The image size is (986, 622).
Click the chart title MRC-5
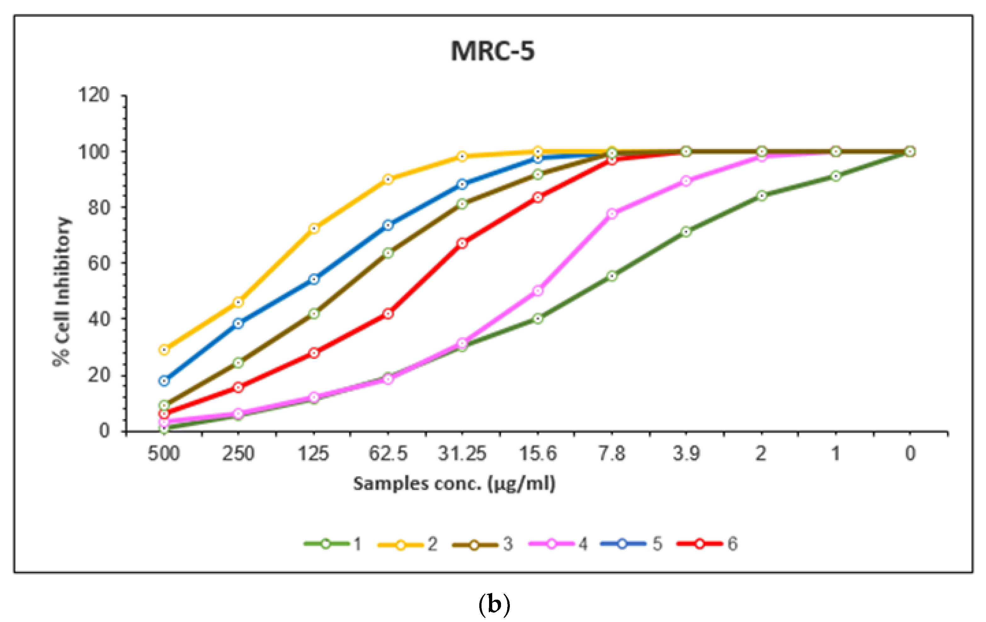[493, 52]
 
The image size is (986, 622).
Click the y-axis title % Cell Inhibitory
[62, 292]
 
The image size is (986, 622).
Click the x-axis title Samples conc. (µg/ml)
[454, 484]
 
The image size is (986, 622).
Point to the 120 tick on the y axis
[94, 95]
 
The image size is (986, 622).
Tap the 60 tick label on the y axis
[99, 263]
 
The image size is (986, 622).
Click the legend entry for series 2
[408, 544]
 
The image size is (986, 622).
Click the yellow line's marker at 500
[164, 350]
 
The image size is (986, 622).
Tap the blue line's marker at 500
[164, 381]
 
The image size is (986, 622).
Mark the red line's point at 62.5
[388, 314]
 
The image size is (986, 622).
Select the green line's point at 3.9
[686, 232]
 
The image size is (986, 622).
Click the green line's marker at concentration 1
[836, 176]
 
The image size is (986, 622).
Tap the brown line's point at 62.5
[388, 253]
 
